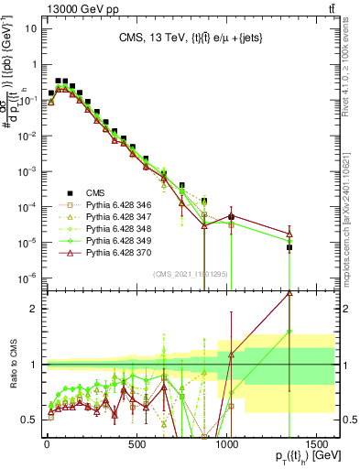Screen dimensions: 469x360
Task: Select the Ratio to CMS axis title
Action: click(11, 364)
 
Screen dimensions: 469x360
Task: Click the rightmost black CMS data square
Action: click(289, 247)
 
